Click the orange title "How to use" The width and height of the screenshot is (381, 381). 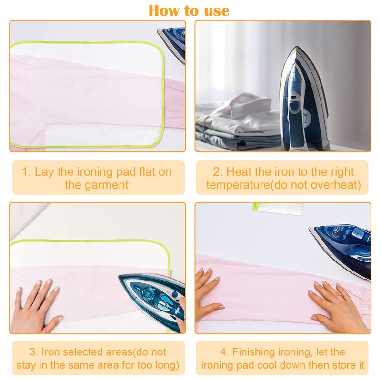point(189,10)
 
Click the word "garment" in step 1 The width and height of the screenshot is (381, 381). point(97,185)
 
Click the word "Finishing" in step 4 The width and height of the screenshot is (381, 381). point(256,352)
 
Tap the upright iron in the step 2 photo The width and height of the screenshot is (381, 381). point(303,100)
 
